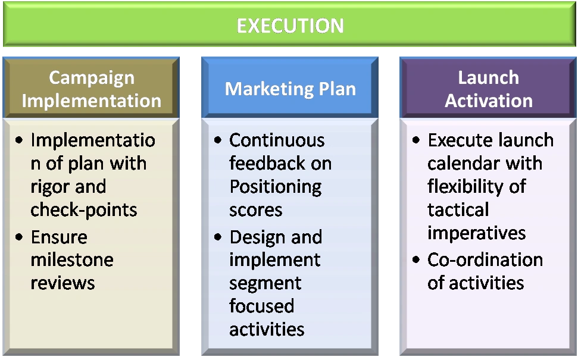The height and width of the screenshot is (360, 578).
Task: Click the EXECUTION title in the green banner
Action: coord(290,26)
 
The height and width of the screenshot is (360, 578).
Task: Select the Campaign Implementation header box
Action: coord(91,87)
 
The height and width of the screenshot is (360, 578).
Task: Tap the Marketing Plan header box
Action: coord(290,87)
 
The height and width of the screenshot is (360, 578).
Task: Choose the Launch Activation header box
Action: coord(488,87)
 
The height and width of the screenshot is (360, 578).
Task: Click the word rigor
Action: coord(49,187)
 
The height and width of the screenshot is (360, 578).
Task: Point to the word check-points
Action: coord(84,210)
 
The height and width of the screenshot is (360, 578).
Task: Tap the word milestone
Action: coord(72,260)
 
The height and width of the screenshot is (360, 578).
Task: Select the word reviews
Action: coord(63,283)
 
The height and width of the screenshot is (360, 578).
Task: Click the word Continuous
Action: coord(277,140)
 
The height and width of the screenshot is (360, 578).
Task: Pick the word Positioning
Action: coord(276,187)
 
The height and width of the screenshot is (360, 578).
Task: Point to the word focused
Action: coord(261,306)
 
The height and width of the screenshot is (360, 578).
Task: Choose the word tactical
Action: coord(458,209)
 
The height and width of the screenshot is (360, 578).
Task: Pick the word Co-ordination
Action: coord(485,260)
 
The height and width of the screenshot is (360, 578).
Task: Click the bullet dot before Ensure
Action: coord(19,237)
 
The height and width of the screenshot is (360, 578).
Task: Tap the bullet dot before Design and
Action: coord(218,237)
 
